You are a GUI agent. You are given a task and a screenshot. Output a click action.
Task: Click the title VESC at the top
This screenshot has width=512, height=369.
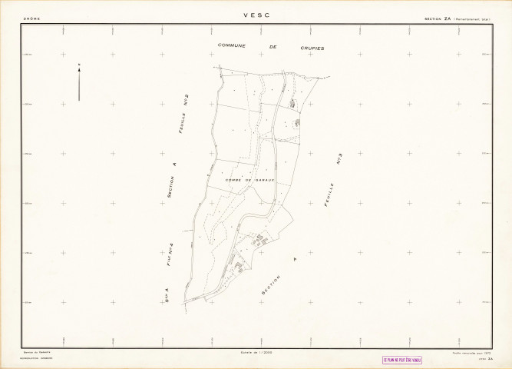255,15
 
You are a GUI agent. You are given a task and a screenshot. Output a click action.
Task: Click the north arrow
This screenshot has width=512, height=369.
79,83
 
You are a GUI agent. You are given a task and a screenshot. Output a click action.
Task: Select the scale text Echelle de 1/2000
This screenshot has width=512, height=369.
256,352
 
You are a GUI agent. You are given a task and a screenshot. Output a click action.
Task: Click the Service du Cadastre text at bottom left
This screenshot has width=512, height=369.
35,352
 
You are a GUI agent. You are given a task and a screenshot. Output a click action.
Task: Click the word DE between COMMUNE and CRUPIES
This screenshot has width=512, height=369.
272,47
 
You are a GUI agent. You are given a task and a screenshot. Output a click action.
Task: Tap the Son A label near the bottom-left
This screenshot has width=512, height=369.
167,296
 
